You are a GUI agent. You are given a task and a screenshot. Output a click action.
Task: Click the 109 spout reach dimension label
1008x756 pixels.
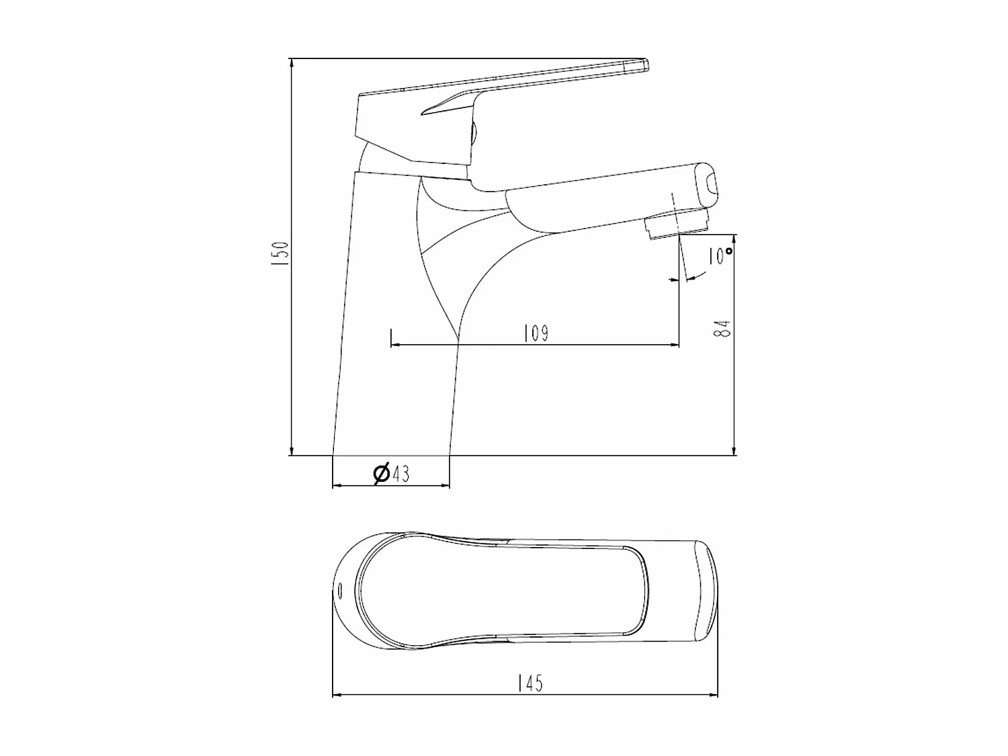pos(536,333)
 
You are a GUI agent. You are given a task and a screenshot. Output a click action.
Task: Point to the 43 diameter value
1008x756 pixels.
pos(401,474)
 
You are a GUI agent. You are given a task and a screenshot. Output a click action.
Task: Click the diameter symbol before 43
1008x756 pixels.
pos(381,474)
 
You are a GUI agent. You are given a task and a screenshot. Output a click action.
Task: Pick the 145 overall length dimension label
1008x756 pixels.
pos(530,683)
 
